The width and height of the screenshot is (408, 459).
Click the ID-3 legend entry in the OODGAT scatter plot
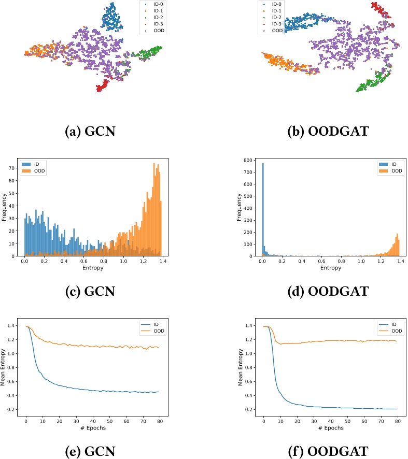pyautogui.click(x=276, y=24)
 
